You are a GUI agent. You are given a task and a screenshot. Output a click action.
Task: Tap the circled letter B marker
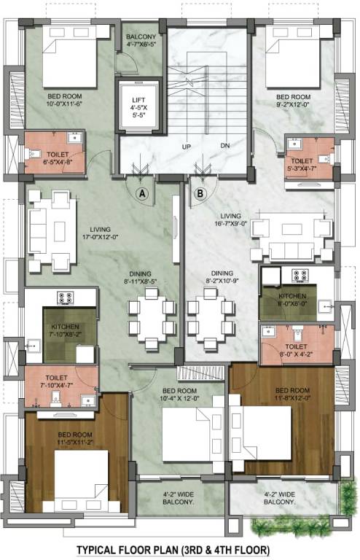[x=200, y=193]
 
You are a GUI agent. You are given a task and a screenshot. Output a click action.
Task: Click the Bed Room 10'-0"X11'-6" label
[x=65, y=101]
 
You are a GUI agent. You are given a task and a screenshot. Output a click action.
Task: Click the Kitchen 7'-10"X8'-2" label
[x=69, y=332]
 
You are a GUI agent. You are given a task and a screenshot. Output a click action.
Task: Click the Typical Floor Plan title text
[x=179, y=548]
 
